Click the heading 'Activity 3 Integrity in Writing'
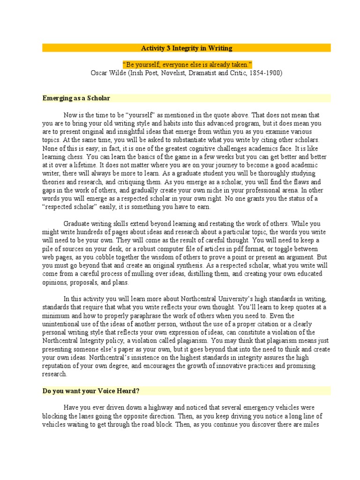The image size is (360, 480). click(187, 48)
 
